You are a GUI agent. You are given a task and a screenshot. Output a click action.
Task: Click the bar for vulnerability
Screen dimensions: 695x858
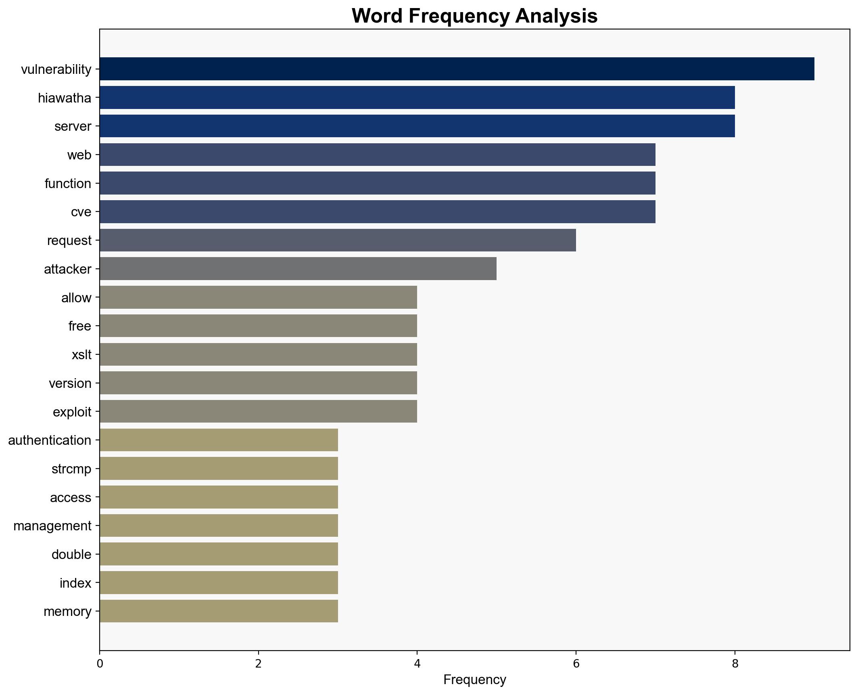tap(457, 69)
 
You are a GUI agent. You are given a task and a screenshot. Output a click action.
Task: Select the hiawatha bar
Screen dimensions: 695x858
tap(417, 98)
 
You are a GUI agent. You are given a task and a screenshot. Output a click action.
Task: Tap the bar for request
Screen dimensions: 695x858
tap(338, 240)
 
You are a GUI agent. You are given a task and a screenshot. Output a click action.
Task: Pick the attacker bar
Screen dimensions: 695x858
tap(298, 269)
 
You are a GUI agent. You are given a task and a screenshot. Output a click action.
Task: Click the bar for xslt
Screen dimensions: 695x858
tap(258, 354)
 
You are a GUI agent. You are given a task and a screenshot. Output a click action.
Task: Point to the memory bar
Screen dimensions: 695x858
tap(219, 611)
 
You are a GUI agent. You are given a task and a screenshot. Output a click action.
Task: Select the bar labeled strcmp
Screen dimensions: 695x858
tap(219, 469)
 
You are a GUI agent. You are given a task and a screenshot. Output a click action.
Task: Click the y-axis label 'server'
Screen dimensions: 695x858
tap(73, 126)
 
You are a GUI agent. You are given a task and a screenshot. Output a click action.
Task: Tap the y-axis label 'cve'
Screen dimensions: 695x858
tap(81, 212)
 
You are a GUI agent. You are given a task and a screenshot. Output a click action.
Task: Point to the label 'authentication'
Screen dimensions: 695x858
tap(50, 440)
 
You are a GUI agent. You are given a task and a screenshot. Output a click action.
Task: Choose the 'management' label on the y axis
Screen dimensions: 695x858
tap(52, 526)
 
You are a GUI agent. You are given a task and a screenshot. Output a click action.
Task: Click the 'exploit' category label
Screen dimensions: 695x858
tap(72, 412)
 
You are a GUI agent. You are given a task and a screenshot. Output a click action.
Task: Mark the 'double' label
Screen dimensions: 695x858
tap(71, 555)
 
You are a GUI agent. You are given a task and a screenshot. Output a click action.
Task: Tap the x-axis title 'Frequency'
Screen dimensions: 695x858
tap(474, 680)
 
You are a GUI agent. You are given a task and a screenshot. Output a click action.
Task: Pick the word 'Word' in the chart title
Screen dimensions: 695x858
tap(378, 16)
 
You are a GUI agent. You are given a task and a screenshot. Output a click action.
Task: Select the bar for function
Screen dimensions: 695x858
tap(377, 183)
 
